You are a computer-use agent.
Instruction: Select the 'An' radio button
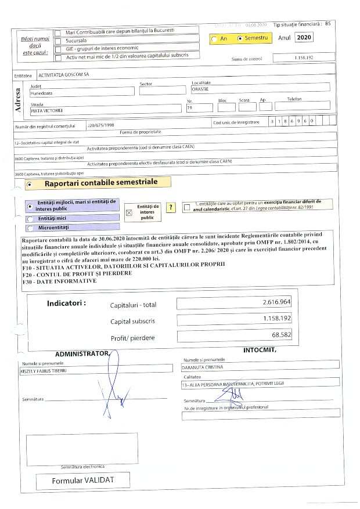[x=214, y=39]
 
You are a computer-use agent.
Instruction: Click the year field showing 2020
[x=303, y=37]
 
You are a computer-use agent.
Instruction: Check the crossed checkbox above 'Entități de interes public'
[x=129, y=212]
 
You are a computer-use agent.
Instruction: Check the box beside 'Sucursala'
[x=57, y=42]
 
